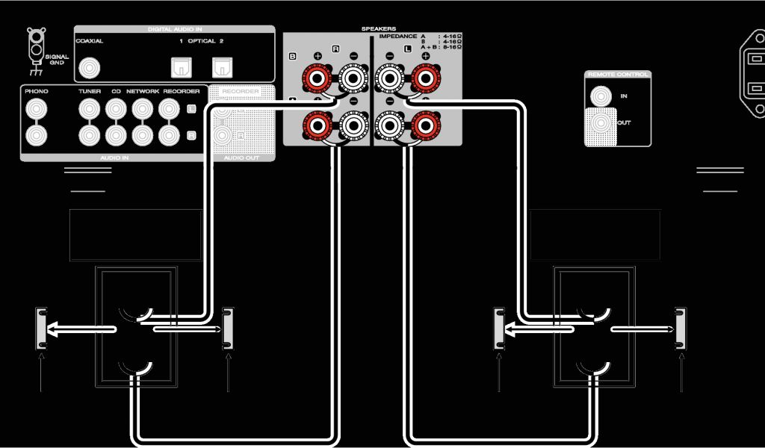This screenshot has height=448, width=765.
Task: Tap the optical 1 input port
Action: pos(182,68)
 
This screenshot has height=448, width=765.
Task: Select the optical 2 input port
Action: pos(222,68)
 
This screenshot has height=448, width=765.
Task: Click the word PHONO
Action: pos(36,91)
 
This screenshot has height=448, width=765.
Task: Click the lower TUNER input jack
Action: pos(90,135)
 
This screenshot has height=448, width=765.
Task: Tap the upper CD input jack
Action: pos(116,110)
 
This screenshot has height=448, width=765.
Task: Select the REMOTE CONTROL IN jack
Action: pos(600,96)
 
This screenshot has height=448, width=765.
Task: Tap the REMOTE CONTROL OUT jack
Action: pos(600,122)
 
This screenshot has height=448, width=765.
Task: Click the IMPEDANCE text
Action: pos(397,36)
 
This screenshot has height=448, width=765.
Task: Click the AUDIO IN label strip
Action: pos(113,158)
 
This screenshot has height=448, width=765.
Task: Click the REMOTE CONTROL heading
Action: pos(618,75)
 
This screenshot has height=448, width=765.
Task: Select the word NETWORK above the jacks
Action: pos(142,91)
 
